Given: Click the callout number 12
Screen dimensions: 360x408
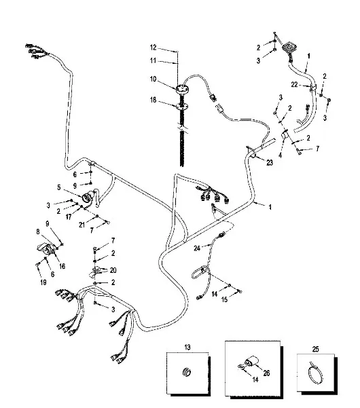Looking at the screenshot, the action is coord(153,48).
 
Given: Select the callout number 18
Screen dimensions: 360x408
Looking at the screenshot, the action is coord(153,100).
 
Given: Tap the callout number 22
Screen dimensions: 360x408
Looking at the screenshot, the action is coord(294,85).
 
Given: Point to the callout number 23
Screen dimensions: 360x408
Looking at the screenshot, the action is coord(270,163).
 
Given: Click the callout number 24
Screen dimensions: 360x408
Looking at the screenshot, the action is coord(197,248).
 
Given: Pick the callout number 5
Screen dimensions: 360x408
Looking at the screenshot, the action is coord(59,187).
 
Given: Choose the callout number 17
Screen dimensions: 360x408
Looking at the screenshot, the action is coord(69,217).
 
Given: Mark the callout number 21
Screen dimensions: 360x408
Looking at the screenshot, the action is coord(82,225).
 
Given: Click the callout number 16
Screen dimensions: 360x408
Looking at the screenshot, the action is coord(62,266).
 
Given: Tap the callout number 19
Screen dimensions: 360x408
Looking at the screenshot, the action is coord(43,282).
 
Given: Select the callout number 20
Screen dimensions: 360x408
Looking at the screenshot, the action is coord(113,270).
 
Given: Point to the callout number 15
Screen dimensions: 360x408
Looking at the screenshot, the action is coord(224,299).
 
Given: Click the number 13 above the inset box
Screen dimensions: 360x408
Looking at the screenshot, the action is coord(187,347).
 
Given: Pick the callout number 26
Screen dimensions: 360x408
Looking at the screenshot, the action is coord(266,373).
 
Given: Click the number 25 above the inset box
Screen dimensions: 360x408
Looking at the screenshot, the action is coord(315,349).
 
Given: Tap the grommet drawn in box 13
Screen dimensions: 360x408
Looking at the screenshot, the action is coord(187,372).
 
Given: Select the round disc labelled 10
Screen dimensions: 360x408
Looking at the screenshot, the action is coord(181,89).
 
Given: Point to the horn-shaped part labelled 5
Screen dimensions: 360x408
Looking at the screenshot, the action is coord(87,198).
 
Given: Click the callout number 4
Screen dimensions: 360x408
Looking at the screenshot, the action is coord(280,155).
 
